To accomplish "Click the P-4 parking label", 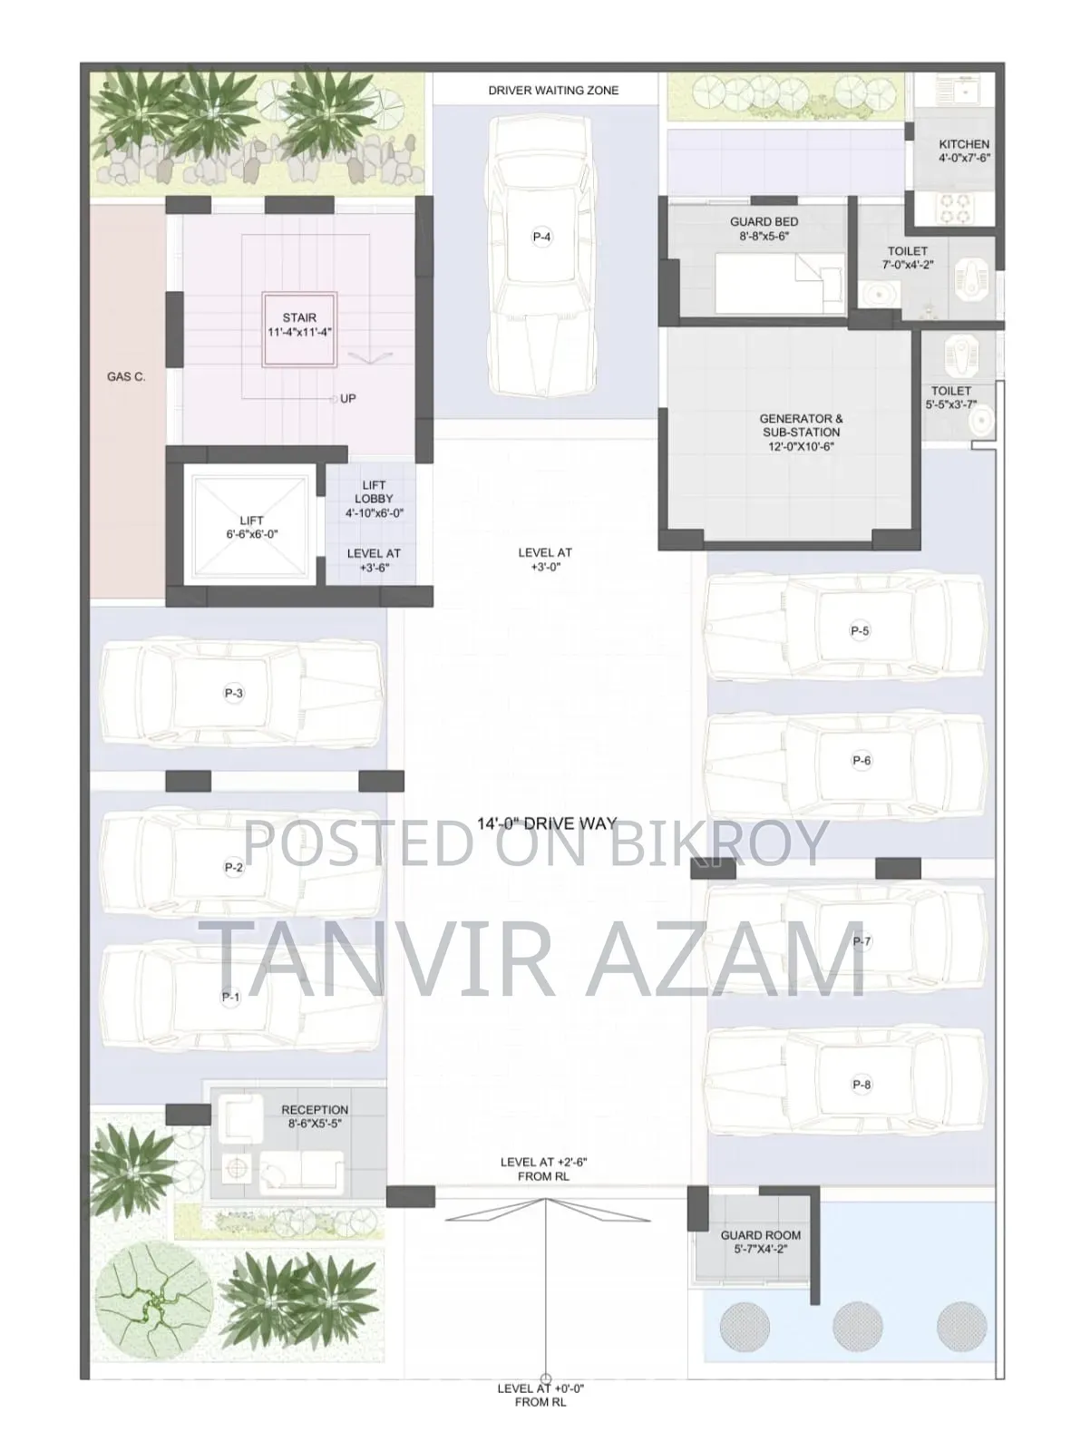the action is [x=541, y=237].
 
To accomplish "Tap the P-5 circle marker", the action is [x=860, y=630].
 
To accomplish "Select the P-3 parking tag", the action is [x=234, y=693].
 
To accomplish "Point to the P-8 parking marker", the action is [x=862, y=1085].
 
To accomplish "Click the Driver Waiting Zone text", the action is [x=553, y=91].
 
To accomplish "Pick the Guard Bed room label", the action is [x=764, y=229].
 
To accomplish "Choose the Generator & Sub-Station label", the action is [x=802, y=433].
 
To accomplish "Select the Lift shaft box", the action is [x=251, y=527].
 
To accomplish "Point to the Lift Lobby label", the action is [x=375, y=499].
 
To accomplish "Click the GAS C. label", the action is [x=126, y=377].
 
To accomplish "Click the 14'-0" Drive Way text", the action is [x=547, y=823].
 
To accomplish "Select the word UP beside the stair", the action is [x=348, y=398].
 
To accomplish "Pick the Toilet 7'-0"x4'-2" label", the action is [x=908, y=258].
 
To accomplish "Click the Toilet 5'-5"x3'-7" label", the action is [x=950, y=398].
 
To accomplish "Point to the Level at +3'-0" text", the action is [x=545, y=560].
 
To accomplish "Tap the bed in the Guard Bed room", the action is [x=779, y=284].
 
